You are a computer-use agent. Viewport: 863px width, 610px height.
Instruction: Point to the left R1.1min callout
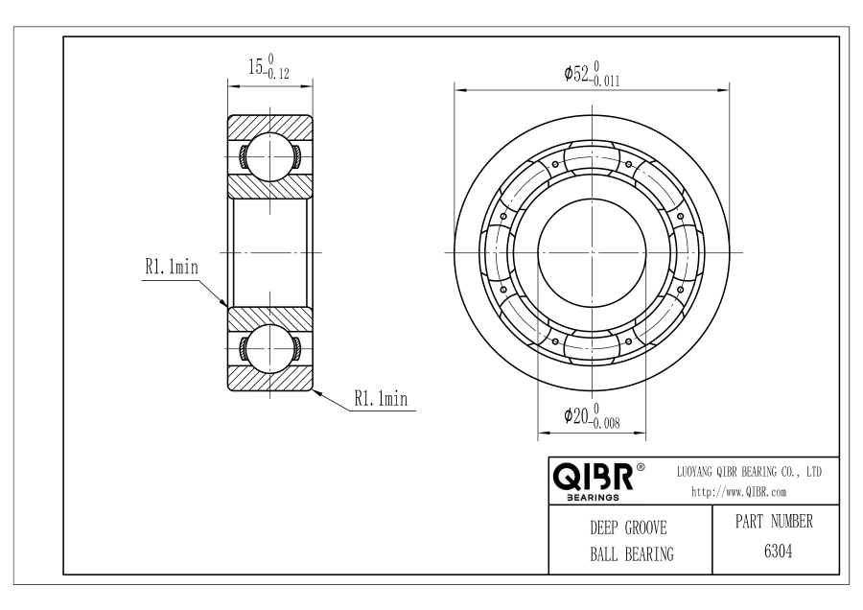coord(171,268)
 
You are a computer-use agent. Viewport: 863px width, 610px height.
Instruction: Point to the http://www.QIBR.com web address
coord(738,492)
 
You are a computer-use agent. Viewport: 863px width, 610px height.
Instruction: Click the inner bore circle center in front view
coord(591,251)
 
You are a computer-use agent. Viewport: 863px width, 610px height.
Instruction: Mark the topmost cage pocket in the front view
coord(591,157)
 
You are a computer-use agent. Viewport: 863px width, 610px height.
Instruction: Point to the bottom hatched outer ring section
coord(269,380)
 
